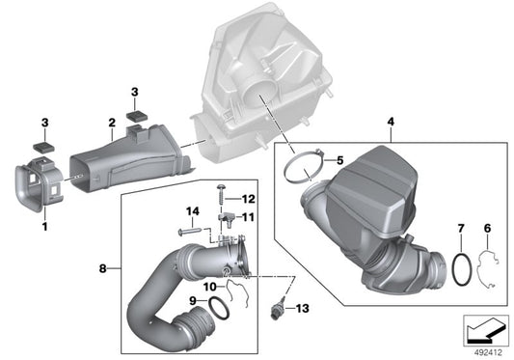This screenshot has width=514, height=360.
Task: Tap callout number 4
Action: tap(390, 122)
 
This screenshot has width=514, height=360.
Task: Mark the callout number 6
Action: tap(487, 228)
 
